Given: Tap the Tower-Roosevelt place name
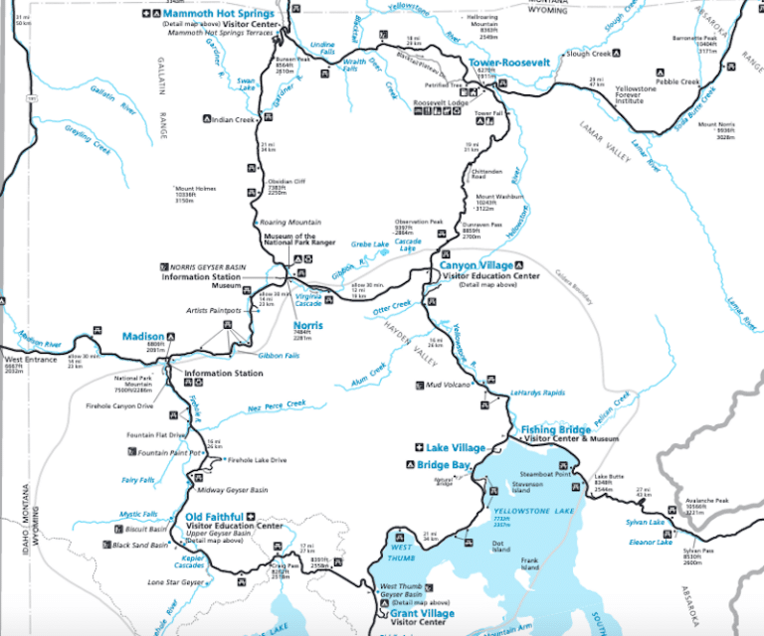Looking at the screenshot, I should (509, 62).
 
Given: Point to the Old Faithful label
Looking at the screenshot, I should (214, 517).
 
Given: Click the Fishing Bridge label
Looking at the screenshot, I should (557, 429).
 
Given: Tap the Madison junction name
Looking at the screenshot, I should (143, 336).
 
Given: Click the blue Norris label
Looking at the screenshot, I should (307, 325).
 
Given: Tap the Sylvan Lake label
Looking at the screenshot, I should (645, 522).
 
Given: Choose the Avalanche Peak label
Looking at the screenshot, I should (707, 500).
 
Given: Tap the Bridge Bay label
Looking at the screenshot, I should (444, 465).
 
